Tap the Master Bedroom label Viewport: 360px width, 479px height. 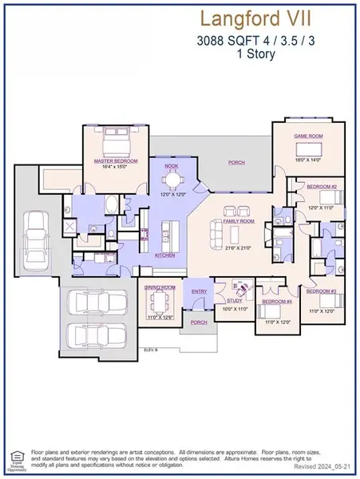[116, 161]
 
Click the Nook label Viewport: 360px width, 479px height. [170, 166]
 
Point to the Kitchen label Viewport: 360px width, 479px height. [164, 255]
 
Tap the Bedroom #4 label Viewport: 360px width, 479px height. [275, 303]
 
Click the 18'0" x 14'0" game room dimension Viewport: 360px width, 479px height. [307, 160]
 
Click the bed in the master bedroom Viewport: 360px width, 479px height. [116, 144]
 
